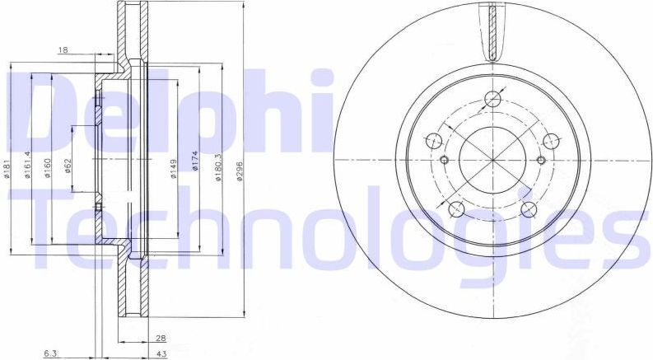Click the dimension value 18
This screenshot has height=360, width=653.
63,50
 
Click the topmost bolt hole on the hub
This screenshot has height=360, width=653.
493,100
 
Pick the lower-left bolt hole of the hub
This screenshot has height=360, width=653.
456,208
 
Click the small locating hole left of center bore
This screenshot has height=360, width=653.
445,160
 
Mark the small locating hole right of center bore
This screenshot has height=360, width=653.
540,160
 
